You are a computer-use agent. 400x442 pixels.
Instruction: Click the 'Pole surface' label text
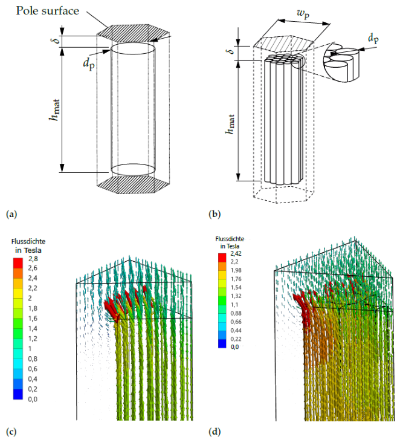click(47, 11)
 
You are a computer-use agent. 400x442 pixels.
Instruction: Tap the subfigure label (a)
click(11, 214)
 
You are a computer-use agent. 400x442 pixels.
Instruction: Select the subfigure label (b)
click(215, 214)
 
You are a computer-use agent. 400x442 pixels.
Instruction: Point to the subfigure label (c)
click(11, 432)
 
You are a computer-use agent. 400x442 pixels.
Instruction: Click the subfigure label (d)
click(215, 432)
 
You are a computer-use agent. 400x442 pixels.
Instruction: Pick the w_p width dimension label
click(303, 13)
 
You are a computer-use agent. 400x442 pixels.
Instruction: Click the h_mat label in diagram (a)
click(54, 110)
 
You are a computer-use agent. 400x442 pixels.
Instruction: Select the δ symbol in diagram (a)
click(57, 39)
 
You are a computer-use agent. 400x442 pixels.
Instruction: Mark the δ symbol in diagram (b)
click(230, 50)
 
